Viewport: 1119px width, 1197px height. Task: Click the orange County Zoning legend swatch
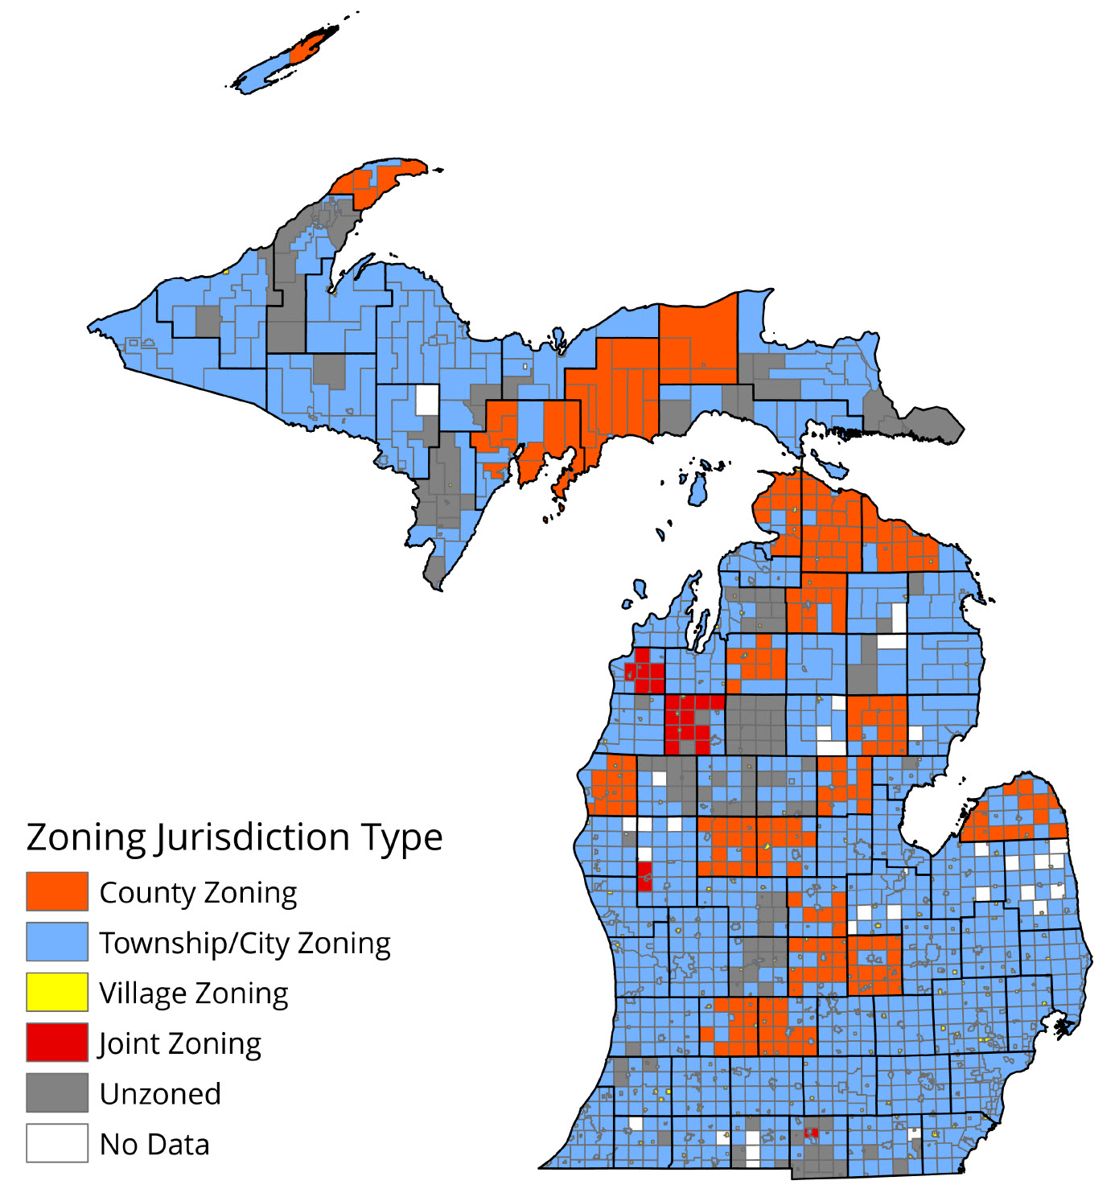tap(56, 891)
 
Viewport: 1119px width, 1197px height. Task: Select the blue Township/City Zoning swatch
tap(56, 941)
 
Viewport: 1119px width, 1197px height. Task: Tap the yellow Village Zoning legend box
tap(56, 992)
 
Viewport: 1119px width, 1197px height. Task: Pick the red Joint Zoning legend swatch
tap(56, 1043)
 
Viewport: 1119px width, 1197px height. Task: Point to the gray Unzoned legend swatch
tap(56, 1092)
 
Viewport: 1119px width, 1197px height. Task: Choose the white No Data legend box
tap(56, 1143)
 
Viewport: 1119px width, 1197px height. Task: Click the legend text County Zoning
tap(198, 893)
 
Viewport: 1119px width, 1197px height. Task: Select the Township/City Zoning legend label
tap(245, 943)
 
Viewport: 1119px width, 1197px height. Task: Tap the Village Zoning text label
tap(193, 993)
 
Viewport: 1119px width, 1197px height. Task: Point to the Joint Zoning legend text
tap(180, 1044)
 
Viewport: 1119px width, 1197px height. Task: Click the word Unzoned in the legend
tap(160, 1094)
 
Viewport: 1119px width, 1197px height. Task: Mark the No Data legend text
tap(154, 1145)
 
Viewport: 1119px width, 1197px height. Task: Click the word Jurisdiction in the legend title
tap(253, 838)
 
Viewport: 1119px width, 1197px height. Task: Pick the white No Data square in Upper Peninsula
tap(427, 400)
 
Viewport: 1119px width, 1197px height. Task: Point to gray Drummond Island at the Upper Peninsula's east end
tap(933, 423)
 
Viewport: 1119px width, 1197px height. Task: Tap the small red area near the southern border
tap(811, 1133)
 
